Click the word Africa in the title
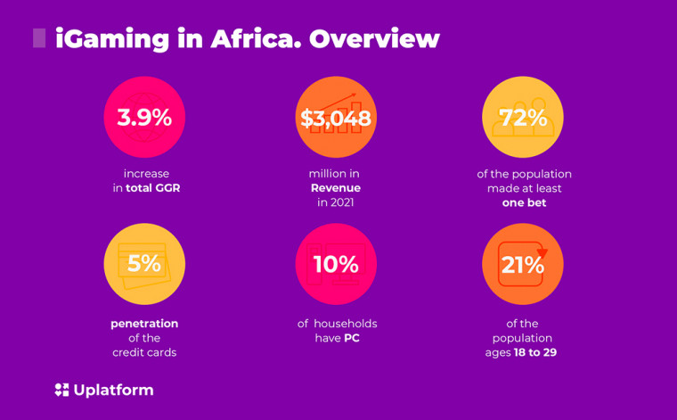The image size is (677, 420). [256, 38]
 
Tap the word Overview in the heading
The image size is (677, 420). [374, 38]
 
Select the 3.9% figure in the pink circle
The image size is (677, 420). [144, 118]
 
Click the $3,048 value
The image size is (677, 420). [336, 118]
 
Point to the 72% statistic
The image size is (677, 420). [523, 118]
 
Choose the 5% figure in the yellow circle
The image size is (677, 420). [144, 263]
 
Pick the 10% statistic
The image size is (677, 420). [336, 264]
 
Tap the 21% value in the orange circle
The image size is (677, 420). [522, 265]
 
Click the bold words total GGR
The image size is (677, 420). [153, 188]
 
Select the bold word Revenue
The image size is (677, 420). [336, 188]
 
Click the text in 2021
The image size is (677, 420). [336, 202]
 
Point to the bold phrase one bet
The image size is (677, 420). [524, 202]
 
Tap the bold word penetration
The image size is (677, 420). [144, 324]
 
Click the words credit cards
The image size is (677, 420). [144, 352]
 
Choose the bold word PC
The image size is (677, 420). [352, 338]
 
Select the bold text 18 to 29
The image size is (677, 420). [535, 352]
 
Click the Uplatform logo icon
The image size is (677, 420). [61, 390]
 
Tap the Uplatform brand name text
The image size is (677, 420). [113, 391]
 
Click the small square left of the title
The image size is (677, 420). [39, 38]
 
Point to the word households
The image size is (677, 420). [346, 324]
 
